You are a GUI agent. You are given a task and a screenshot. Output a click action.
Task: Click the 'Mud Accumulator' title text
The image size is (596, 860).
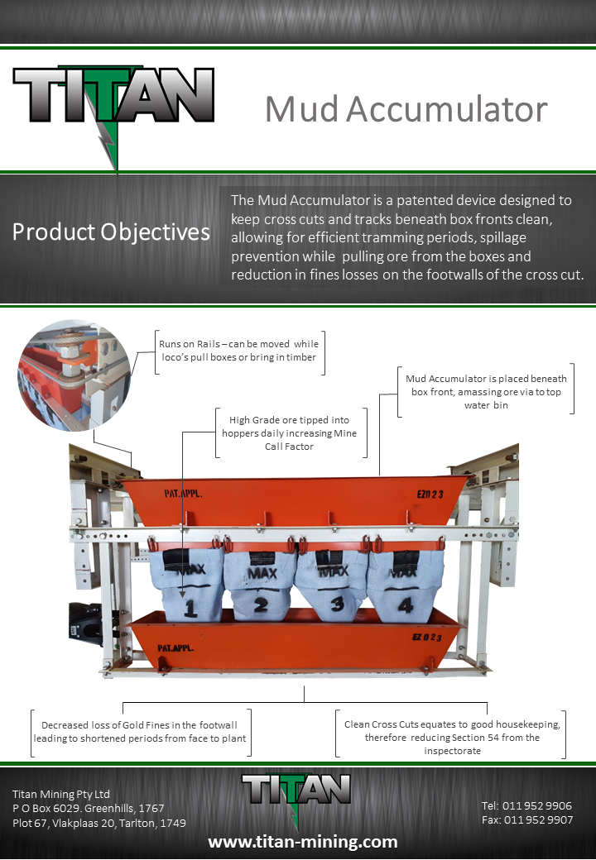click(x=406, y=109)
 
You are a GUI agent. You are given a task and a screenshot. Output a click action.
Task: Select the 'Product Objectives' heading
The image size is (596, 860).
click(x=111, y=232)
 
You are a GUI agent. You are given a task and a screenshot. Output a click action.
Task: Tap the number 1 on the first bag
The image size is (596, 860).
click(x=190, y=609)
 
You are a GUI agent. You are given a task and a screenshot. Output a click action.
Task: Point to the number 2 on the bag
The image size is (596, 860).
click(x=262, y=604)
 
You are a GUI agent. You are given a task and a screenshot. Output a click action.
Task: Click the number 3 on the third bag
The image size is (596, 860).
click(x=336, y=604)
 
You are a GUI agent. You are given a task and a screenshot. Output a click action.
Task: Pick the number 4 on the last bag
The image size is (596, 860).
click(x=405, y=605)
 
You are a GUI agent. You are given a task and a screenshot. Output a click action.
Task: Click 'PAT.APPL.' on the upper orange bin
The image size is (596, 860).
click(x=184, y=494)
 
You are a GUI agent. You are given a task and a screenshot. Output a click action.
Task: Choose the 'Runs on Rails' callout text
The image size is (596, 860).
click(x=238, y=351)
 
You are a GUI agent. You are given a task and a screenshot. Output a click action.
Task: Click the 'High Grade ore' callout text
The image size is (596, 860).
click(x=290, y=432)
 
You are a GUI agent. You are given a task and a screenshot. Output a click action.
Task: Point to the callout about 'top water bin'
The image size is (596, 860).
click(x=483, y=391)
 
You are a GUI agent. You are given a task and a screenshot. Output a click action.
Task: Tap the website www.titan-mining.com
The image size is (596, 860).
click(x=302, y=842)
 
